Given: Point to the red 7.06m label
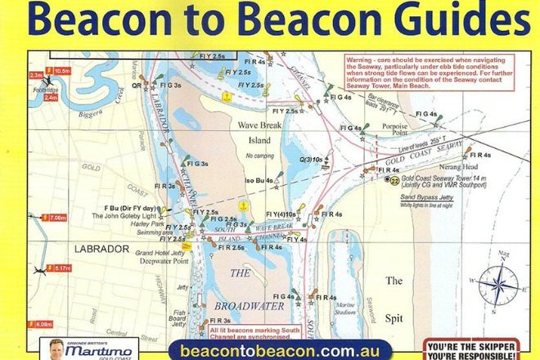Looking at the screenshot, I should (57, 218).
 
